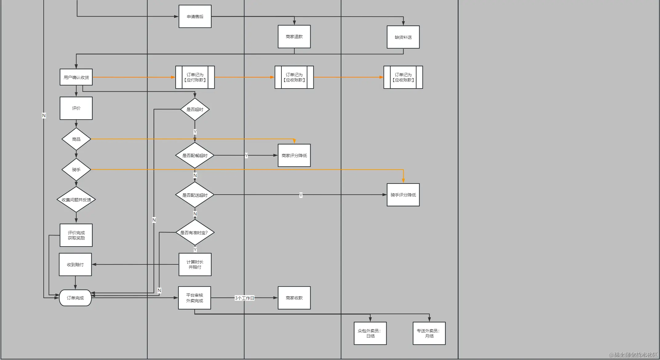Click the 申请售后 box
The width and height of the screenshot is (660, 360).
pos(195,17)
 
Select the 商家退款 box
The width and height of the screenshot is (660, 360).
pos(294,37)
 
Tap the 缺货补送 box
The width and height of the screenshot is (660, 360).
pos(403,37)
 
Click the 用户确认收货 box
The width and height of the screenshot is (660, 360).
pos(76,77)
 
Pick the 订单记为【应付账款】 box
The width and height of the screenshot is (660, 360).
pos(195,77)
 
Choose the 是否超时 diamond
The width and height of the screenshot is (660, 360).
pos(195,109)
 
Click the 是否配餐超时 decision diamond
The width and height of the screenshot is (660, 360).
pos(195,156)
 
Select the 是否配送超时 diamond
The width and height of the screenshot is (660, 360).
pos(195,195)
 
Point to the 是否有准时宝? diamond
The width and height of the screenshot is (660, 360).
pos(195,233)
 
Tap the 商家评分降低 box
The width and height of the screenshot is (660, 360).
pos(294,156)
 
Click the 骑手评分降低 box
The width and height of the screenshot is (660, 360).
pos(403,195)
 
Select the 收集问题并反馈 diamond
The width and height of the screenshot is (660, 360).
pos(76,200)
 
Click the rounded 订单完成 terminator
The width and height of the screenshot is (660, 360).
pos(75,298)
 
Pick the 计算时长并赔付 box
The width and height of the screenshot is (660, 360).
pos(195,264)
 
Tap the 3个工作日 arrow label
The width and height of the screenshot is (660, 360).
pos(245,298)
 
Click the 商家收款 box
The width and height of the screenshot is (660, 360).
pos(294,298)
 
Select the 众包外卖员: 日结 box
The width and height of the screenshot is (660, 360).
pos(370,333)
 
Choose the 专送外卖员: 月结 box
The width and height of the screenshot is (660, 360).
pos(429,333)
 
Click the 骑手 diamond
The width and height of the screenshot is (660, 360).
pos(76,170)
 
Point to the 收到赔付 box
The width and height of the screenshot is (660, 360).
pos(75,264)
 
